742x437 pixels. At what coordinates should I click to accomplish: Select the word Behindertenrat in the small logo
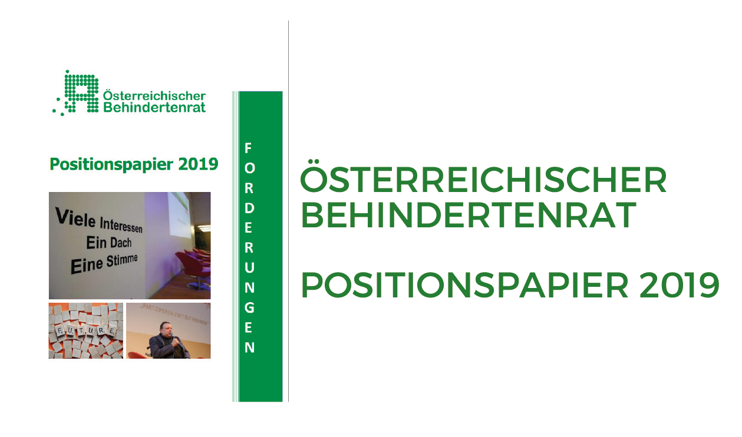click(154, 108)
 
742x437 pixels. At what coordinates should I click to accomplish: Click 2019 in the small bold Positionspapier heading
click(199, 164)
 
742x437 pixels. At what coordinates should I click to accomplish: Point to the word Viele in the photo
click(75, 216)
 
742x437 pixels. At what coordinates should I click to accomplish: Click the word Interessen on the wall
click(121, 224)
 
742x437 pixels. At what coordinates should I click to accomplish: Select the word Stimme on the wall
click(122, 260)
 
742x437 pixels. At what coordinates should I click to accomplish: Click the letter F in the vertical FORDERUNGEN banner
click(249, 147)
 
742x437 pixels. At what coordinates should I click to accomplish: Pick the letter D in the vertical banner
click(249, 207)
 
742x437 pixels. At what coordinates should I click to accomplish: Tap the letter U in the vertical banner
click(249, 267)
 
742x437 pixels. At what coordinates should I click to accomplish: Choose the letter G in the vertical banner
click(249, 307)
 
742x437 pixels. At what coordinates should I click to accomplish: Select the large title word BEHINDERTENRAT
click(469, 215)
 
